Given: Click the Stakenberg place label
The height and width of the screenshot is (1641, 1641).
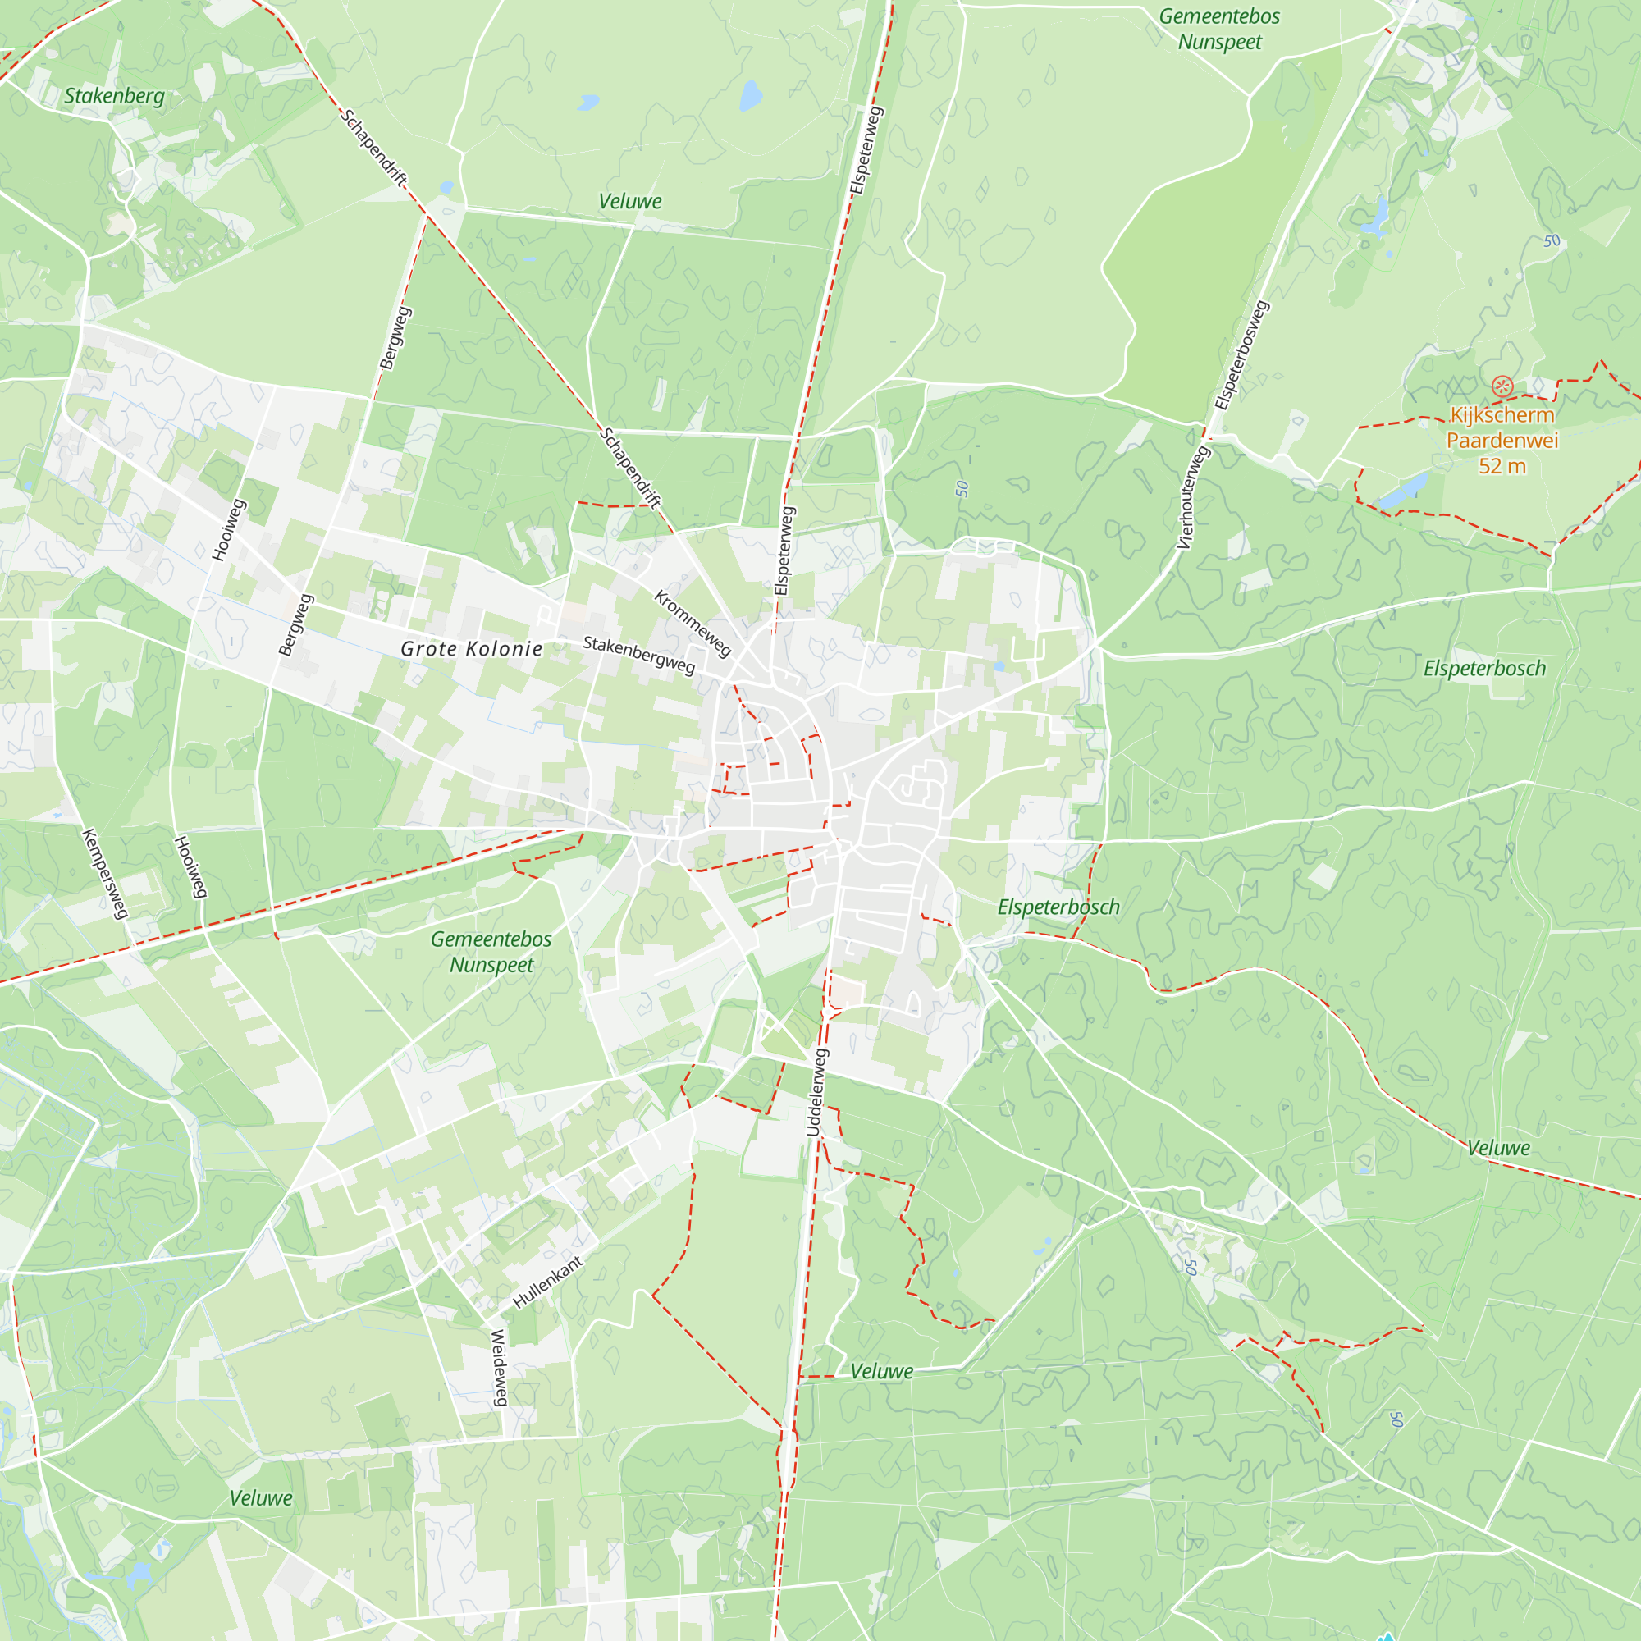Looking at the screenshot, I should [x=115, y=96].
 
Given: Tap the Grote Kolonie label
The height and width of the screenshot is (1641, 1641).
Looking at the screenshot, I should [x=472, y=649].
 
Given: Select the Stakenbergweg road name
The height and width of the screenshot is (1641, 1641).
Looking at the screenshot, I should [x=638, y=655].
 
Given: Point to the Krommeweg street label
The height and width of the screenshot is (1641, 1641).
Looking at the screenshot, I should [x=693, y=624].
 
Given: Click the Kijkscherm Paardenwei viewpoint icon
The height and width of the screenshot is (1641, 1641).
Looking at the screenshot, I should [x=1502, y=387].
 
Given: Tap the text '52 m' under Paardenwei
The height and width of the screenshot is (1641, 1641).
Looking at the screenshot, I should [x=1502, y=465].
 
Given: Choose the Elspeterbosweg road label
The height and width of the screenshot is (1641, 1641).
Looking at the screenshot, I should [x=1241, y=355].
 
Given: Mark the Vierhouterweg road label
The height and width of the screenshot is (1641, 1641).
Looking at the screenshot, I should [x=1193, y=498].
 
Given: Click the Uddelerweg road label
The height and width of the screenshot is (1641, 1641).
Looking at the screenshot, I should [x=816, y=1092].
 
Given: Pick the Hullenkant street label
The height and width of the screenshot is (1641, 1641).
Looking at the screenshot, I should [x=548, y=1282].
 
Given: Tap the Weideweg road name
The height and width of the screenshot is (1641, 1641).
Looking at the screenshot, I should [x=500, y=1368].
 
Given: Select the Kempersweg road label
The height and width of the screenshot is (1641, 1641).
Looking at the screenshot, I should [x=105, y=874].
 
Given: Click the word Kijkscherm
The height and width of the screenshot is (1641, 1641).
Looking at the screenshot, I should [x=1502, y=415].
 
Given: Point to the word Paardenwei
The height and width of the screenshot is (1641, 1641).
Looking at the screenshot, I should [x=1502, y=440].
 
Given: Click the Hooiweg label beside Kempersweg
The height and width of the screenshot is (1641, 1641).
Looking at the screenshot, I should [x=191, y=867].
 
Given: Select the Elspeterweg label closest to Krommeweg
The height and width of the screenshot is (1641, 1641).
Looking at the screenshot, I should [x=784, y=551].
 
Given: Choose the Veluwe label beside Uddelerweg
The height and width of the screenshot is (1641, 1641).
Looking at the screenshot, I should [x=882, y=1371].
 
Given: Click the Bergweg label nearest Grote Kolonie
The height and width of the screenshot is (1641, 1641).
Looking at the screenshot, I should [x=296, y=625].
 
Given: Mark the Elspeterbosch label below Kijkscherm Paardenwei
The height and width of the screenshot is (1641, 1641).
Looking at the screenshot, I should [x=1483, y=669].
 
